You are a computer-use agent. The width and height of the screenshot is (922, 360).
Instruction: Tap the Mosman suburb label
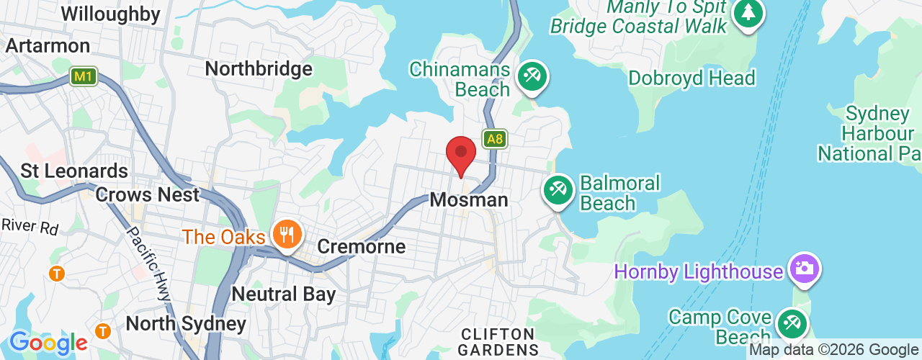tap(469, 199)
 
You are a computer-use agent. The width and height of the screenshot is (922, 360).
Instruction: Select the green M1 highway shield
tap(84, 76)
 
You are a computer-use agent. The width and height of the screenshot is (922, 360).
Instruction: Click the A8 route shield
tap(493, 138)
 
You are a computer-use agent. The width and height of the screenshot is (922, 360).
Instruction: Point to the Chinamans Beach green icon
tap(532, 76)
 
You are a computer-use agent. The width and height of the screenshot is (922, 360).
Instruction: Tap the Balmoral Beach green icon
tap(558, 191)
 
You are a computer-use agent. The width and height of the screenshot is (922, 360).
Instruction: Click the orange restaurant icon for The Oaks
tap(287, 234)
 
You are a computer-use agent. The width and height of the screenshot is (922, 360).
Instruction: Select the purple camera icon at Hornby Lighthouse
tap(805, 269)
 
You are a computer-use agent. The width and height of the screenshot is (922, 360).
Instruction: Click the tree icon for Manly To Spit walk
tap(748, 13)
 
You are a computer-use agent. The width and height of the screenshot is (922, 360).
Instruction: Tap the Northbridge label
tap(259, 69)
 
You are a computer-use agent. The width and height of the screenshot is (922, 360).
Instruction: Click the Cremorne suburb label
tap(362, 247)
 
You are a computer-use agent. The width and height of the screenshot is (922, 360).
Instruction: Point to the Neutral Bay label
tap(284, 294)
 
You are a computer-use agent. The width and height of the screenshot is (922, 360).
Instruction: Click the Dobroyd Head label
tap(691, 78)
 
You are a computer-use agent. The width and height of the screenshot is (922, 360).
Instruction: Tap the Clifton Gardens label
tap(498, 342)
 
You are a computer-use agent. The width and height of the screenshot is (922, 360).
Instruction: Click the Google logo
tap(48, 343)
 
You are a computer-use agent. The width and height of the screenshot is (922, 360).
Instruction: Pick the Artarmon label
tap(48, 46)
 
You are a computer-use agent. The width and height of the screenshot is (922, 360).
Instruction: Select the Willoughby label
tap(110, 14)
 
